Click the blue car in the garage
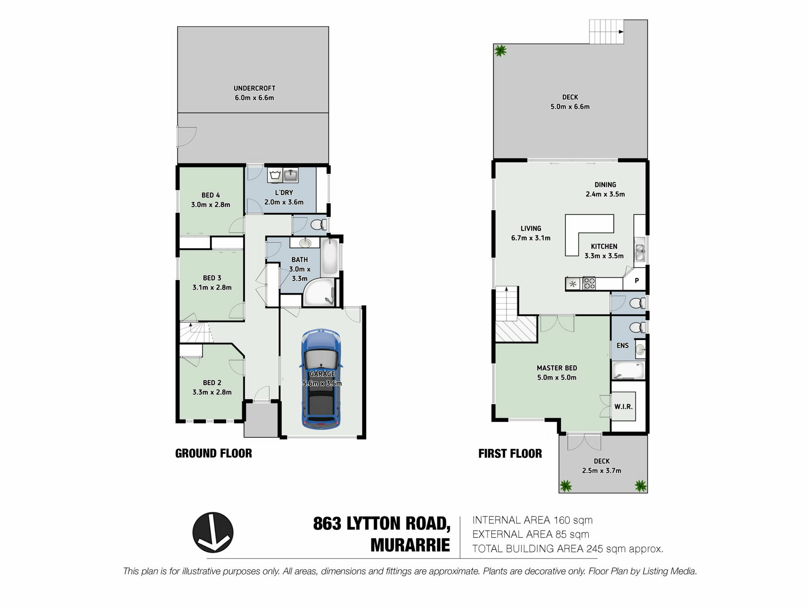[x=321, y=379]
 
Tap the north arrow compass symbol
[x=213, y=532]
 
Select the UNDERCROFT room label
[x=254, y=88]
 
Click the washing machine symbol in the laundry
[x=275, y=175]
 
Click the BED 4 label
[x=210, y=195]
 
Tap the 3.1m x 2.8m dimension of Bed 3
[x=212, y=287]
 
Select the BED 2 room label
[x=212, y=383]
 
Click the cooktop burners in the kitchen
[x=589, y=284]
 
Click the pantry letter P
[x=637, y=281]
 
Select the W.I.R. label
[x=623, y=407]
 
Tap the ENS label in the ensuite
[x=622, y=346]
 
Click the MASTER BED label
[x=557, y=368]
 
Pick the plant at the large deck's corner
[x=500, y=51]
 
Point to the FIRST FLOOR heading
[x=510, y=454]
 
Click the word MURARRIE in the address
[x=410, y=545]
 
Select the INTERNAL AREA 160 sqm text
[x=532, y=520]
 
